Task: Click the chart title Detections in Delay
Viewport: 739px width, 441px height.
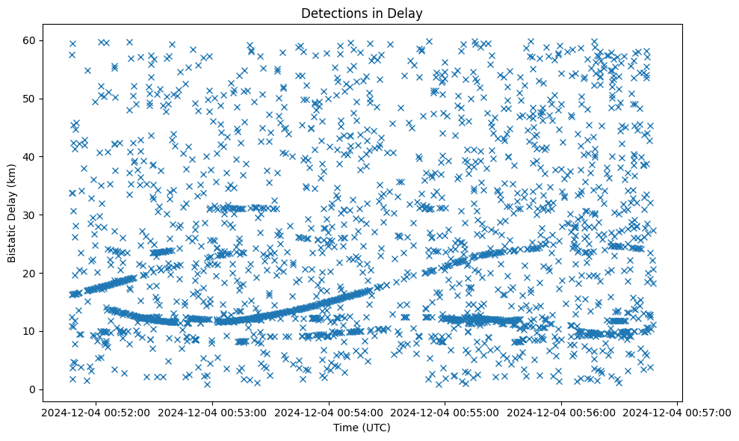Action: tap(362, 13)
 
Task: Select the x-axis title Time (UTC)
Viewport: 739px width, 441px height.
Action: tap(362, 428)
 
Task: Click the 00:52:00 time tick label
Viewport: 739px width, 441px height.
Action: tap(96, 411)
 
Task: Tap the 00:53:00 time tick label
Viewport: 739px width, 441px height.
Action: tap(213, 411)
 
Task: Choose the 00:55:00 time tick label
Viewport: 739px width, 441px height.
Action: tap(445, 411)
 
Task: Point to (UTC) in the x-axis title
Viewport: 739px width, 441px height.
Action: tap(375, 428)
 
